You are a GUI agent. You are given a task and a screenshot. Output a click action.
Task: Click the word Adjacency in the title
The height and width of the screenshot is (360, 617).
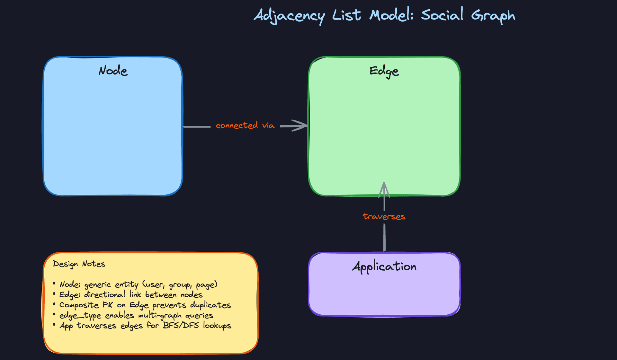tap(289, 15)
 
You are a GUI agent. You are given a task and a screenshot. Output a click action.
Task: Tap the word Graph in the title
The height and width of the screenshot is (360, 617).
tap(493, 15)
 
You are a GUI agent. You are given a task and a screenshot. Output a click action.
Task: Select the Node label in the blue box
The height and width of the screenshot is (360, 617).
tap(113, 71)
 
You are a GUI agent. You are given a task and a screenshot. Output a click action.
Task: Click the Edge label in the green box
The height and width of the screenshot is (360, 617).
tap(384, 71)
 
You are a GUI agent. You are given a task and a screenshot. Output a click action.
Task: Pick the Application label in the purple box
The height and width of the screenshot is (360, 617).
tap(384, 266)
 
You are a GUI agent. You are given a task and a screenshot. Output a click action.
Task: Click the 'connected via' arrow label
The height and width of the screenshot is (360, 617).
tap(245, 125)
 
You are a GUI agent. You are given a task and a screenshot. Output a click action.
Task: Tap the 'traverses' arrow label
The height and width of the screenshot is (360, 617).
tap(384, 216)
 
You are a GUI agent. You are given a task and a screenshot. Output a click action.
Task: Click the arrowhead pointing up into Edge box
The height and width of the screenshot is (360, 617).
tap(384, 188)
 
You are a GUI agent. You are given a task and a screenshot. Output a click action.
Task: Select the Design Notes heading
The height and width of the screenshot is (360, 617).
tap(79, 264)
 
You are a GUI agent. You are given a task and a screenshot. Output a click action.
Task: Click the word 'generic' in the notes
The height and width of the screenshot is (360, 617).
tap(98, 285)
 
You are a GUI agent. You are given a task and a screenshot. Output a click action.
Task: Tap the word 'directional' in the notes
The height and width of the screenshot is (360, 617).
tap(105, 295)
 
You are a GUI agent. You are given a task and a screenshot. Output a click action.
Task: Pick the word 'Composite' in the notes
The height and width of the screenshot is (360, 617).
tap(79, 305)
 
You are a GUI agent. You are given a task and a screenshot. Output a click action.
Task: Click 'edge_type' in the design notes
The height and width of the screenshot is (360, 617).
tap(80, 316)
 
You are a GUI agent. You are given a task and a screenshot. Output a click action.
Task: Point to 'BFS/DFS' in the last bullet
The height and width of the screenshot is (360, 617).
tap(181, 325)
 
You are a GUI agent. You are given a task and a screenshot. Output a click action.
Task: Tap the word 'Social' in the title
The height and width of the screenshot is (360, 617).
tap(442, 15)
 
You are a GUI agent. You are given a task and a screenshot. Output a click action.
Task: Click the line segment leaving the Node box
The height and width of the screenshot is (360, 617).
tap(197, 127)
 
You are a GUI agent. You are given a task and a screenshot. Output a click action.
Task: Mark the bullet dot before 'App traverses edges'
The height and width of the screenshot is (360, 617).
tap(54, 325)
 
